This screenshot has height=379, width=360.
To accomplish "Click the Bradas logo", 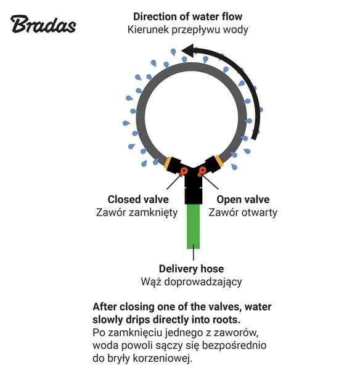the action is (43, 24).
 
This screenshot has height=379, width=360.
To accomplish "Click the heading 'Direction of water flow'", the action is (187, 17).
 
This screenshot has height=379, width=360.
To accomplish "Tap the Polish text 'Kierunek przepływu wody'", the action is (187, 30).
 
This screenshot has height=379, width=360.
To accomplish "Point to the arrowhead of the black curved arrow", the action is (188, 51).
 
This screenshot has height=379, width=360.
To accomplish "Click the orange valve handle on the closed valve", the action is (184, 171).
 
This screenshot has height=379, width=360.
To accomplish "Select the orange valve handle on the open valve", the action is (202, 171).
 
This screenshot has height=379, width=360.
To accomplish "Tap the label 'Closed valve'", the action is (138, 200).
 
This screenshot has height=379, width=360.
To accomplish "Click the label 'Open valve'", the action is (243, 200).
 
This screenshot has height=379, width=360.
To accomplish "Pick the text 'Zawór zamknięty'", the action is (137, 213).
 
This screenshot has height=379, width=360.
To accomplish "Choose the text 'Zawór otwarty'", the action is (243, 213).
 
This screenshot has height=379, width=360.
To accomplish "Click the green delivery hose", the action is (194, 226).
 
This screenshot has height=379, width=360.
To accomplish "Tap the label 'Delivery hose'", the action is (191, 269).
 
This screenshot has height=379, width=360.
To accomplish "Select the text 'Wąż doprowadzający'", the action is (191, 282).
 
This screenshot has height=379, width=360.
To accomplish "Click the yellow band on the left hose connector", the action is (168, 163).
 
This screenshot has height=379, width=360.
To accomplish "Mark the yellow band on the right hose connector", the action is (219, 161).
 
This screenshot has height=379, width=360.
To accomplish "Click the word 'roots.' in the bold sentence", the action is (227, 320).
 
